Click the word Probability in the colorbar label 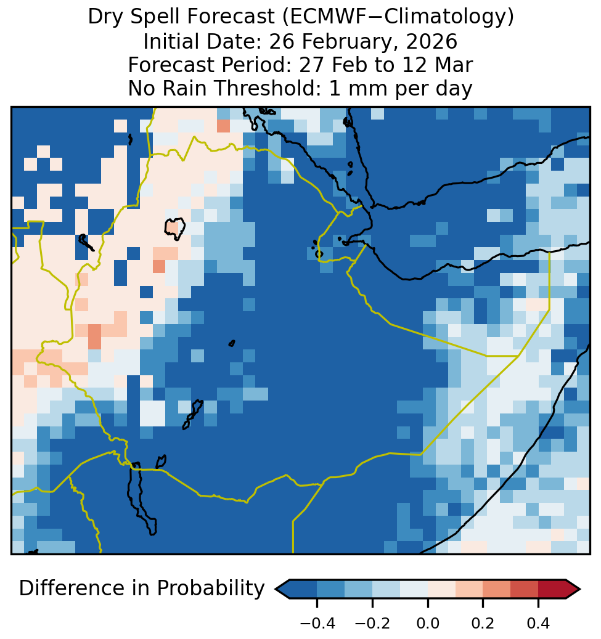(x=211, y=588)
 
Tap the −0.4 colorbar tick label (x=317, y=623)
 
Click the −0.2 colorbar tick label (x=372, y=623)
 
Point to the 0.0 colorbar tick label (x=428, y=623)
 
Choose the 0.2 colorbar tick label (x=483, y=623)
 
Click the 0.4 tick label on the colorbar (x=538, y=623)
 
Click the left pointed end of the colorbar (x=276, y=589)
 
